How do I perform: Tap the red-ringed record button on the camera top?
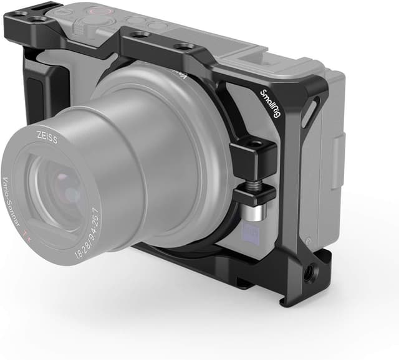pos(99,11)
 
